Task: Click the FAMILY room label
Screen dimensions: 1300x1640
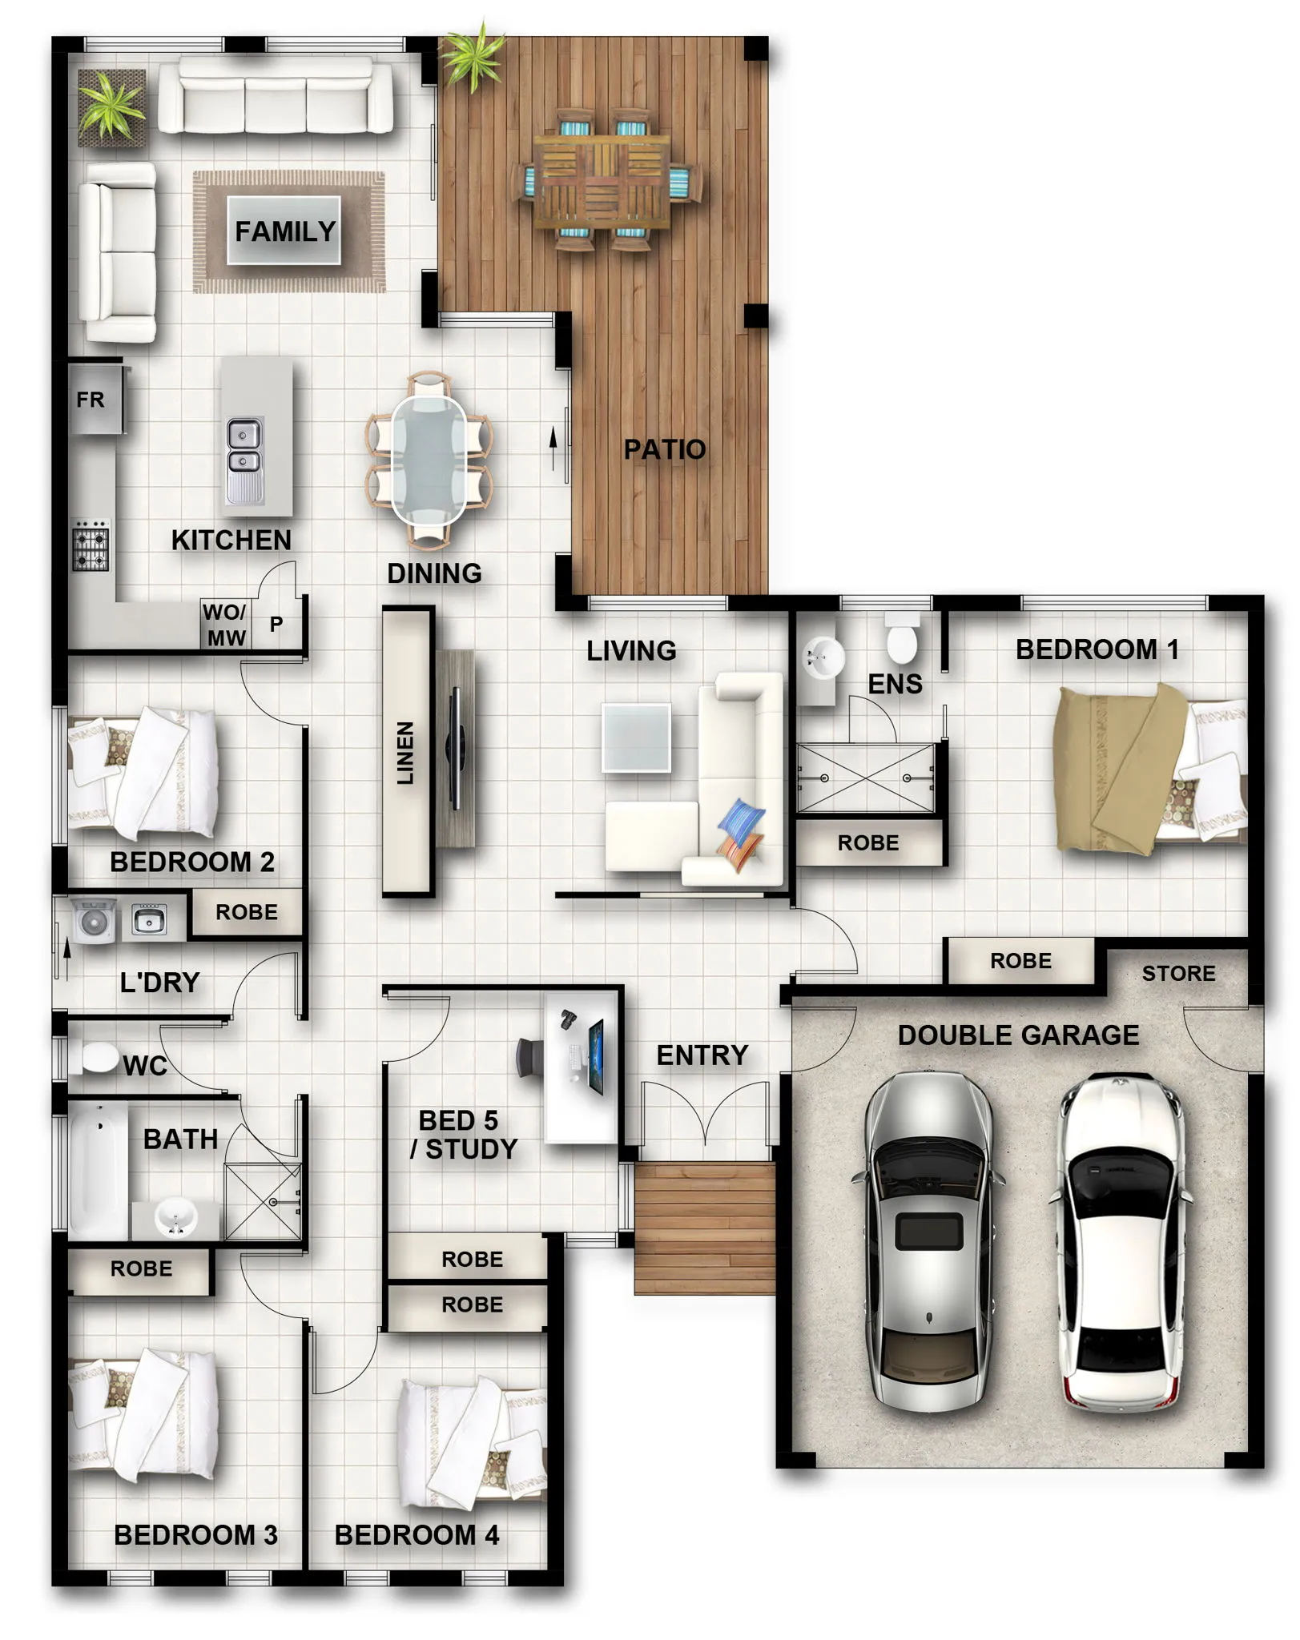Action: pyautogui.click(x=285, y=231)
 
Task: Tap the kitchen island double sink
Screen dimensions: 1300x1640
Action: pyautogui.click(x=244, y=460)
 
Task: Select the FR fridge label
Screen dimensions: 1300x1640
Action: pyautogui.click(x=91, y=400)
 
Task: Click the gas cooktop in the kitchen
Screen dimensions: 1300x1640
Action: pyautogui.click(x=91, y=545)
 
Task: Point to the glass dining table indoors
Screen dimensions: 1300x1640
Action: pyautogui.click(x=429, y=460)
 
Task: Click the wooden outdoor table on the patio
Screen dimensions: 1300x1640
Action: pyautogui.click(x=602, y=180)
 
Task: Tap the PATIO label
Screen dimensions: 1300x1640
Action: pyautogui.click(x=665, y=449)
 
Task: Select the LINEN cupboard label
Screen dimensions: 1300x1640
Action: pyautogui.click(x=405, y=753)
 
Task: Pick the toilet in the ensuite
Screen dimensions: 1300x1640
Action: pyautogui.click(x=902, y=638)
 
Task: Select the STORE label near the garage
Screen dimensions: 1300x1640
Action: pyautogui.click(x=1178, y=973)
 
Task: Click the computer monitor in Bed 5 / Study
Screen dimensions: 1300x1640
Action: pyautogui.click(x=596, y=1057)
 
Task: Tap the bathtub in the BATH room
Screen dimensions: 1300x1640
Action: pyautogui.click(x=98, y=1170)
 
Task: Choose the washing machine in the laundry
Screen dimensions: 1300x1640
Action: pyautogui.click(x=95, y=921)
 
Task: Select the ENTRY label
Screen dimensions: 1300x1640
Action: pyautogui.click(x=702, y=1055)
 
